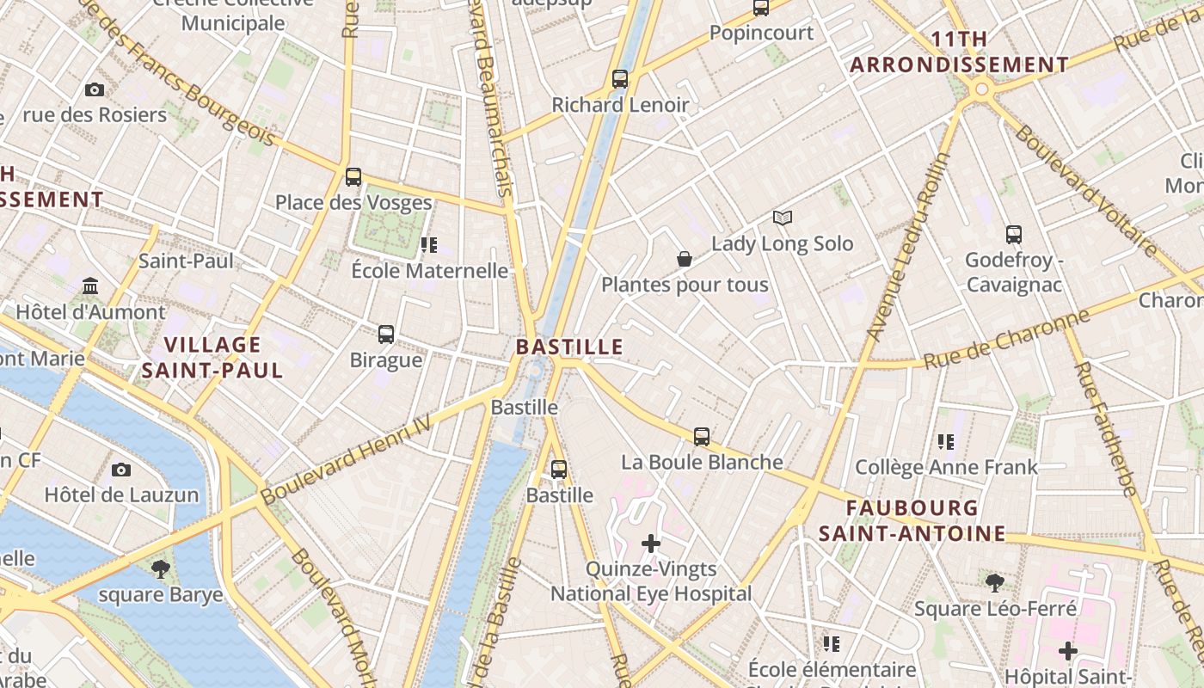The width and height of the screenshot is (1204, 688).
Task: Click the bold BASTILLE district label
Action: click(568, 347)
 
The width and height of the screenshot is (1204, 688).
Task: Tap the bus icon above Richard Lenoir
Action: click(620, 79)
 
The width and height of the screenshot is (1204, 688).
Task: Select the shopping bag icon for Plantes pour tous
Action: click(685, 259)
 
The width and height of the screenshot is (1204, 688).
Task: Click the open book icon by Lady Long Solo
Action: click(782, 218)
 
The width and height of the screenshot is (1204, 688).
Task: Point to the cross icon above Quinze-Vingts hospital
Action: click(651, 544)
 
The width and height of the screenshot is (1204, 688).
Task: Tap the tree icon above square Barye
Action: click(160, 568)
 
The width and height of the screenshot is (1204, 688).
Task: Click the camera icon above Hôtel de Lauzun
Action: click(121, 470)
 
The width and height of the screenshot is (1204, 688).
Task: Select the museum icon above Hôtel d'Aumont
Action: click(90, 286)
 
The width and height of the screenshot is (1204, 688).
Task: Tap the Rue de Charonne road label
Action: click(1006, 340)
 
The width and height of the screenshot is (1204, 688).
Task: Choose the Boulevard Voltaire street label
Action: click(1086, 190)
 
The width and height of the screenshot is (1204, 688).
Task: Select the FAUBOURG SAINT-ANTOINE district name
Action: click(912, 521)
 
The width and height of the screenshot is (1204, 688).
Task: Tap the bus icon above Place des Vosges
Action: click(353, 177)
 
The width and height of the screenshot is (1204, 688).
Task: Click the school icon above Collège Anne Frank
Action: click(946, 442)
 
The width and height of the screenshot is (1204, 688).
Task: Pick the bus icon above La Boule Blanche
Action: click(702, 437)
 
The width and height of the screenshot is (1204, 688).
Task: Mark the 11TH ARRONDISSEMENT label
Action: click(959, 52)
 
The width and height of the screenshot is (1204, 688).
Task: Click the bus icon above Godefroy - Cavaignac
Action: click(1014, 234)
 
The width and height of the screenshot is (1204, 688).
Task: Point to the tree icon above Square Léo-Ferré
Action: click(994, 583)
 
